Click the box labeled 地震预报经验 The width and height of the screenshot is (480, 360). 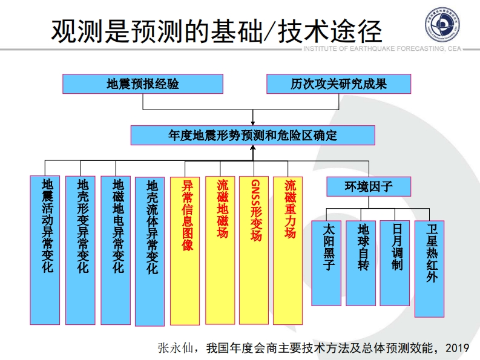click(x=143, y=83)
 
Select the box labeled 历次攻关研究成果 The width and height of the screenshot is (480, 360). click(x=338, y=83)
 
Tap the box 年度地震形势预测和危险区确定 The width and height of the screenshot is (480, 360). click(x=252, y=135)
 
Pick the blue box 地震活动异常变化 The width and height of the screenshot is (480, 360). click(x=45, y=249)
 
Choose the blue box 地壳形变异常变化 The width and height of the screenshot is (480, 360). click(x=81, y=249)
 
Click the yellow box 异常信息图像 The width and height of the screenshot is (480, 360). click(x=185, y=250)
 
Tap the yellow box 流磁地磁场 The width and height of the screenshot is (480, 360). click(x=220, y=250)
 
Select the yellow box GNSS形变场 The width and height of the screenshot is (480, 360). click(x=254, y=250)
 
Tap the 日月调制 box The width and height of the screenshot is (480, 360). click(x=395, y=262)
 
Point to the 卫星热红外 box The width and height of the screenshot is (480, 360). click(x=430, y=267)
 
